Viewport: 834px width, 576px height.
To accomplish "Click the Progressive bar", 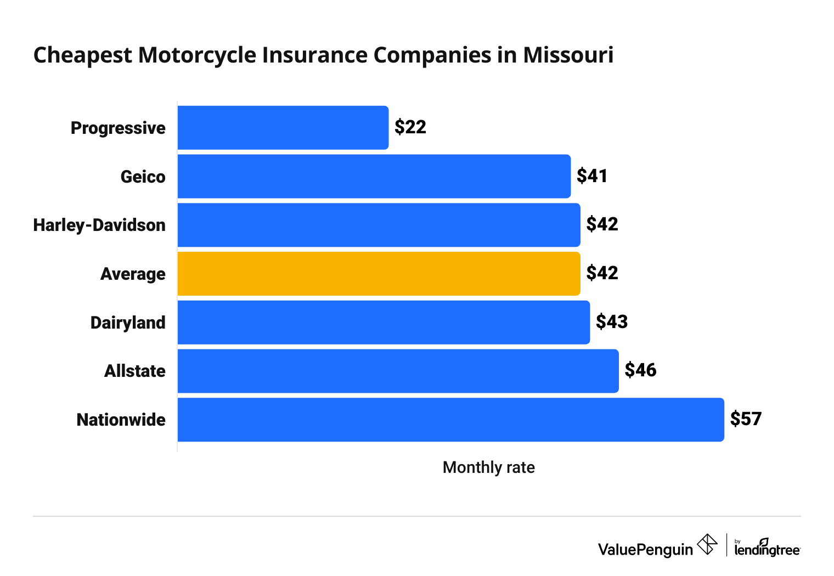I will click(283, 127).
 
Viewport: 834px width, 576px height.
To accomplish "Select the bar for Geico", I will click(374, 176).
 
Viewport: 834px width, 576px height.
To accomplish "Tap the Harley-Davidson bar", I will click(379, 225).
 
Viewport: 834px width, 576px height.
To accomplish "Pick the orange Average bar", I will click(379, 273).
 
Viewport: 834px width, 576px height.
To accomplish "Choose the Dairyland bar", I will click(384, 322).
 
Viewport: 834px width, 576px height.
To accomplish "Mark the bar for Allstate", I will click(398, 371).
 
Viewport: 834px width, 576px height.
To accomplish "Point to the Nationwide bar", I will click(450, 420).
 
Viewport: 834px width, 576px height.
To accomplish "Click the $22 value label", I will click(410, 127).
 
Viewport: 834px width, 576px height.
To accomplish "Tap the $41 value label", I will click(592, 176).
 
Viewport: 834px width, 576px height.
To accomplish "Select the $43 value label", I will click(612, 321).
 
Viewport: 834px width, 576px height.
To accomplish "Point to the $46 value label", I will click(640, 370).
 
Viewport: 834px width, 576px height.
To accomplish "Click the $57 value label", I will click(746, 419).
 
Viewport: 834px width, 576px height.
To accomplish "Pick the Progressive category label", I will click(118, 128).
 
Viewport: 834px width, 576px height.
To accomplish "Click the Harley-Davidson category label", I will click(99, 225).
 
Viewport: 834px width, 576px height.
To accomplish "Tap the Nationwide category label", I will click(121, 420).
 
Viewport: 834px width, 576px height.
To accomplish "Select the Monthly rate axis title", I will click(488, 467).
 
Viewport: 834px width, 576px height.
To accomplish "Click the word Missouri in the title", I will click(568, 55).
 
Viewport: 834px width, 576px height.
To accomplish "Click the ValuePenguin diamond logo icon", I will click(707, 545).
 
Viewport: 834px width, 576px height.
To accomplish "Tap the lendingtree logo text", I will click(767, 549).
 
